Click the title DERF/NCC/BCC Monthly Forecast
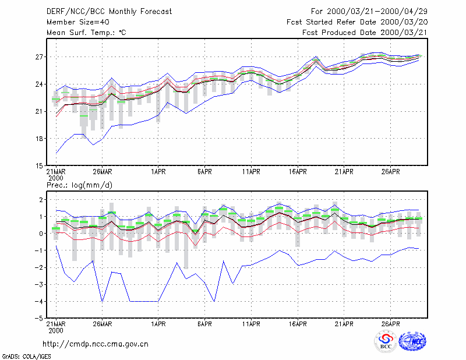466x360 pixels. [x=109, y=12]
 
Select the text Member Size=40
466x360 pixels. [x=78, y=22]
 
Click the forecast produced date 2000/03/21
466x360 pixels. [x=404, y=33]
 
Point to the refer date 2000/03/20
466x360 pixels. [x=404, y=22]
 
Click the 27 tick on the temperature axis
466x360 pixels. [x=39, y=57]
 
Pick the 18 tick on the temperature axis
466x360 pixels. [x=39, y=139]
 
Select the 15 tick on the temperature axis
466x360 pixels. [x=39, y=166]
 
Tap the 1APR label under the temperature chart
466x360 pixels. [x=158, y=172]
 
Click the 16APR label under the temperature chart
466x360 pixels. [x=298, y=172]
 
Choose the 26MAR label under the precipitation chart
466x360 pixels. [x=103, y=324]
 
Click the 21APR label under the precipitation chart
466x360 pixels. [x=344, y=324]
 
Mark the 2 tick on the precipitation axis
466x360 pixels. [x=41, y=199]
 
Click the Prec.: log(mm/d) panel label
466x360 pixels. [x=79, y=185]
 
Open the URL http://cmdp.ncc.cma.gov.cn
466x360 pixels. [x=96, y=344]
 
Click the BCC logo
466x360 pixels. [x=386, y=341]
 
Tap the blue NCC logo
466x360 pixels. [x=412, y=341]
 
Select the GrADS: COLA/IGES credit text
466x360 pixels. [x=26, y=357]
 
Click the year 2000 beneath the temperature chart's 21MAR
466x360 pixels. [x=56, y=178]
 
